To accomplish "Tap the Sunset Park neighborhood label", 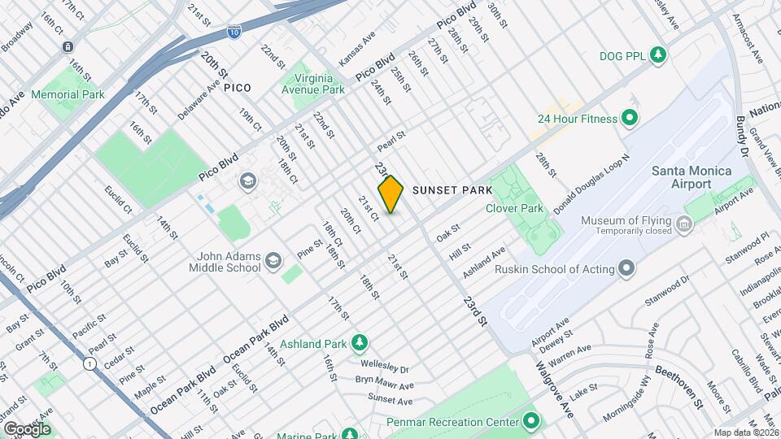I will (452, 190).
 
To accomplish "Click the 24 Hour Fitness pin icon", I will (629, 119).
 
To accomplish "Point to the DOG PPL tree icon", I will (658, 55).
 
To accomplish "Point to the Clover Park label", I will (514, 209).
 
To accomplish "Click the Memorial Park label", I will (68, 94).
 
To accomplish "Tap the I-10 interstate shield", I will (233, 34).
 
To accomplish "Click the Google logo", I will (27, 428).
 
